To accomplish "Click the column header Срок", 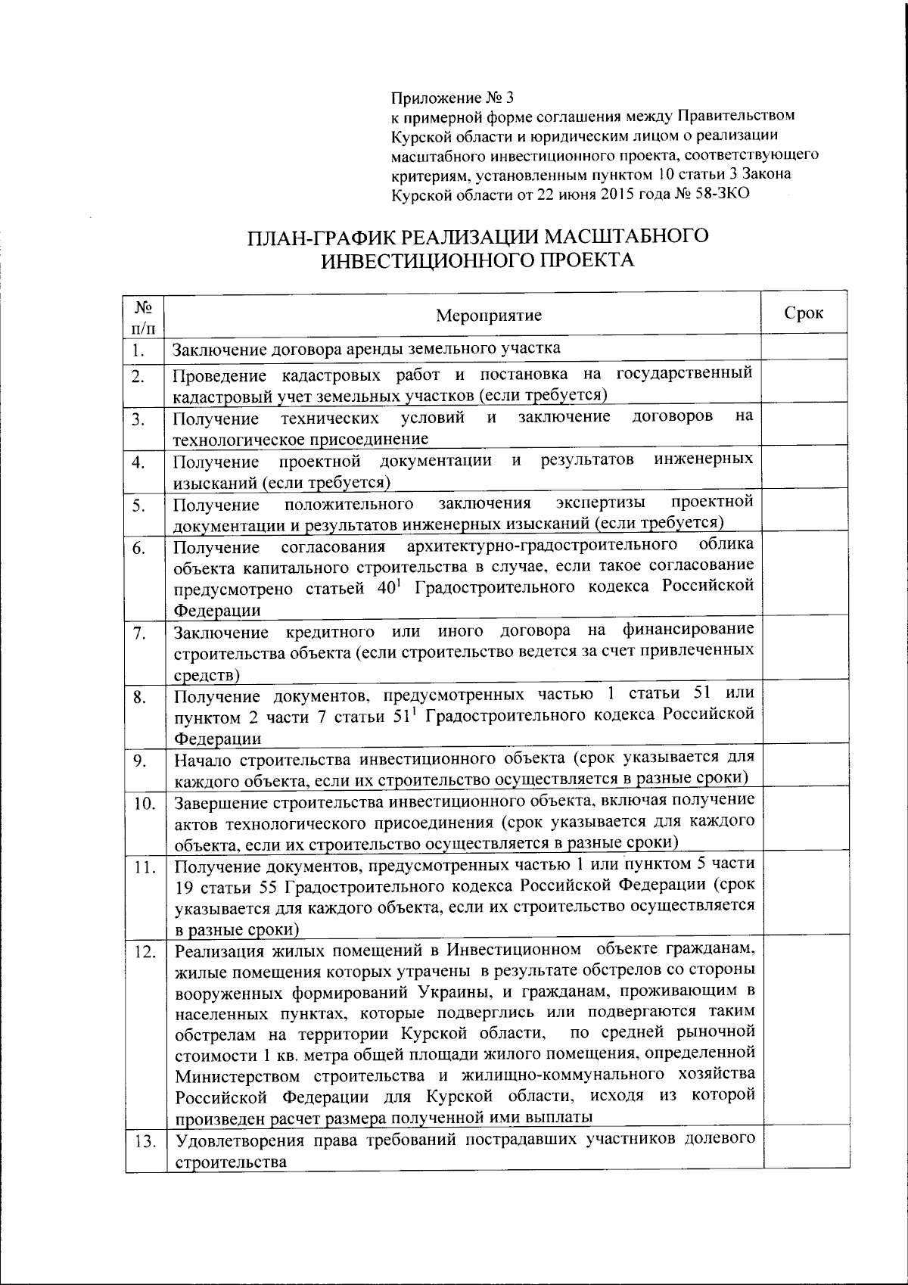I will (x=804, y=313).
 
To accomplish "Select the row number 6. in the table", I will (x=138, y=549).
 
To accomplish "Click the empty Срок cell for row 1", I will (x=804, y=349).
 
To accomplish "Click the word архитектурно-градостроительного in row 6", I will (x=541, y=546).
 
